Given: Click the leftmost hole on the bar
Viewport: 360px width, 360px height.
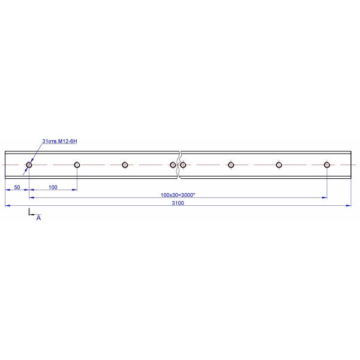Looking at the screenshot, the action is pos(29,162).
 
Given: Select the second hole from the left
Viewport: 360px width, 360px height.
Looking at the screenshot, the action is pos(77,162).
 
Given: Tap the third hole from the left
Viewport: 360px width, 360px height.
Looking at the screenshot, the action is pos(125,162).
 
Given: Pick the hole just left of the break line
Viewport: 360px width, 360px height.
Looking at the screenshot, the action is pos(173,162).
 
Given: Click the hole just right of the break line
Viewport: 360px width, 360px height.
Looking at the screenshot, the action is pos(183,162).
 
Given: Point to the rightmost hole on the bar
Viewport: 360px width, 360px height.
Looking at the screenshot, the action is pos(327,162).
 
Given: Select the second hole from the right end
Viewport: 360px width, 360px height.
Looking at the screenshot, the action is pos(279,162).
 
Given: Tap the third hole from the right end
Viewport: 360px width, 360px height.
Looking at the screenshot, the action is pos(231,162).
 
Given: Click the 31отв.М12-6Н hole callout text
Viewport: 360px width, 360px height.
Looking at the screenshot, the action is pos(59,141).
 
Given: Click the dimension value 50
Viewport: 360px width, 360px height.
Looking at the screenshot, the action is pos(17,187).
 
